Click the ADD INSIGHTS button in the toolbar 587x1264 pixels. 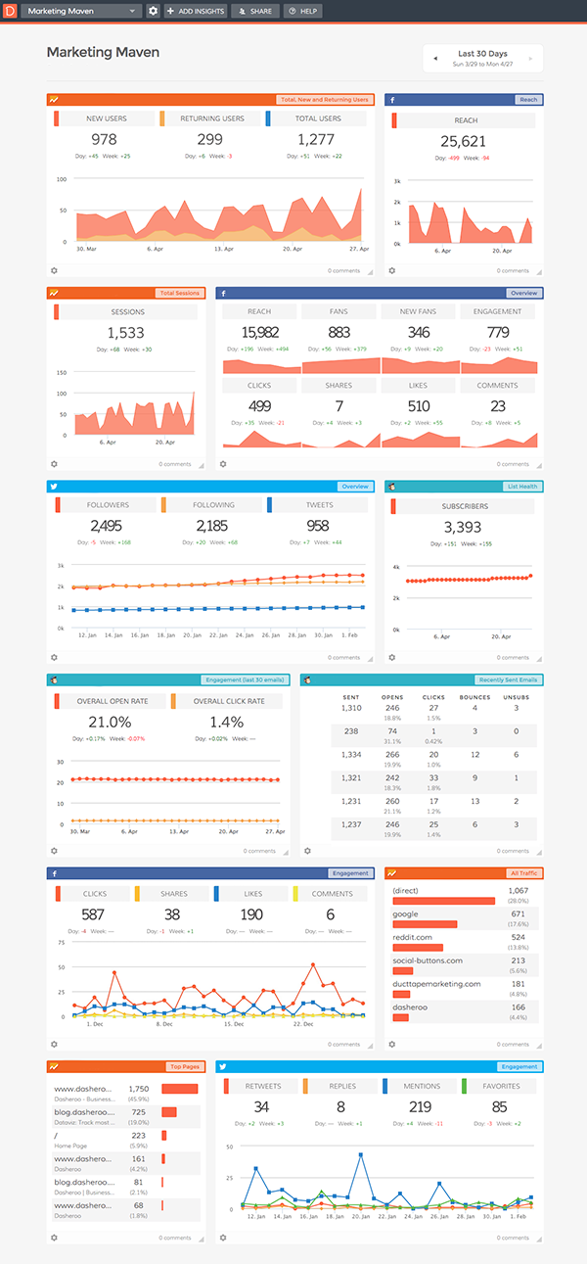click(196, 11)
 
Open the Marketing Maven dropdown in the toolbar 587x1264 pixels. click(82, 11)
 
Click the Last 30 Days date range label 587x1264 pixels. click(482, 53)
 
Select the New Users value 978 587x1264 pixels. click(103, 140)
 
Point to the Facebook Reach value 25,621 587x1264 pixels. click(463, 141)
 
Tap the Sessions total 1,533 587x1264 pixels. click(125, 333)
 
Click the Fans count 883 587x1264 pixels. click(339, 332)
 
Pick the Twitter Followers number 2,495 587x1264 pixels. click(105, 526)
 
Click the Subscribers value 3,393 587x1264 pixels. click(463, 528)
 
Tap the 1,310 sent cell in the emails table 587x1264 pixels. click(351, 708)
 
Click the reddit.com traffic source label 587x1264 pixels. click(412, 937)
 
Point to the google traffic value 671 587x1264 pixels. click(518, 913)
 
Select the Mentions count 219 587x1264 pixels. click(421, 1107)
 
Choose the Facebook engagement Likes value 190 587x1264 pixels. click(250, 914)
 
